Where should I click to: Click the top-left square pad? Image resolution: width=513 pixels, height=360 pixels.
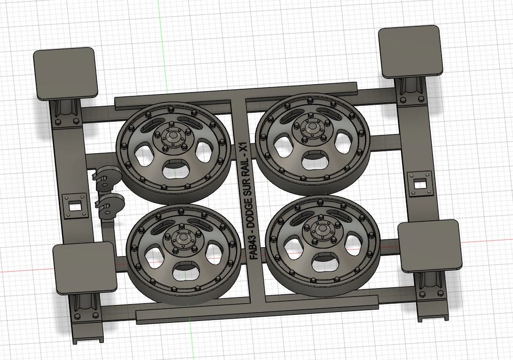coord(66,73)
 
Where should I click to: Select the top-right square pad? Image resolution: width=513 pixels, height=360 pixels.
coord(411,52)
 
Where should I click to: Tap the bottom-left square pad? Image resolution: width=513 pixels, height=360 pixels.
coord(85,268)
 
